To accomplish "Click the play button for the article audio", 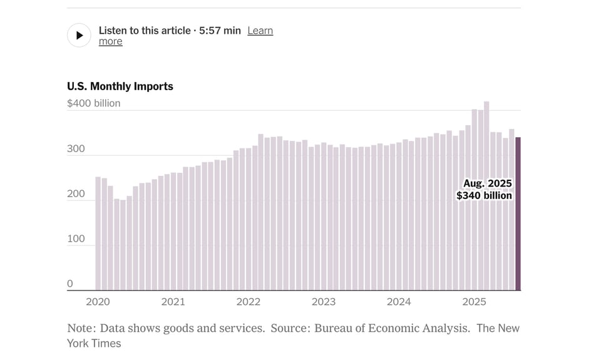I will tap(79, 36).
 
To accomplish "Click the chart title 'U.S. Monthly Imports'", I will tap(120, 86).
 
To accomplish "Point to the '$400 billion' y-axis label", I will tap(93, 103).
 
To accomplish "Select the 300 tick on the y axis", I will tap(75, 149).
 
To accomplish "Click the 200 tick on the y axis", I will tap(75, 194).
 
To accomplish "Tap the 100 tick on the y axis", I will tap(75, 239).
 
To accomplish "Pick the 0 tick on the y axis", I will tap(70, 284).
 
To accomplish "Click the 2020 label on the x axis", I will tap(98, 302).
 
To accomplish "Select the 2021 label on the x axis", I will tap(173, 302).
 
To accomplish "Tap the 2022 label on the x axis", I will tap(248, 302).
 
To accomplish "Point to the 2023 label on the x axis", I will tap(323, 302).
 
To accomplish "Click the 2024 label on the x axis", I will tap(399, 302).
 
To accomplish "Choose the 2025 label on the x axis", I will tap(474, 302).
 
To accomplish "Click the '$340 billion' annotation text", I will tap(484, 196).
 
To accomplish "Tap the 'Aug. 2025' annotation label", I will tap(488, 183).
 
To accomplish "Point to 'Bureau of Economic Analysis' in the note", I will tap(391, 328).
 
